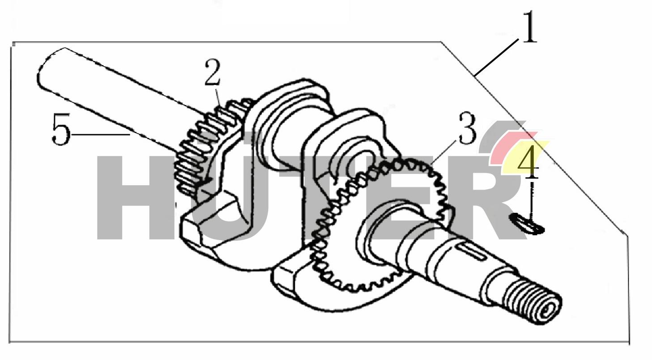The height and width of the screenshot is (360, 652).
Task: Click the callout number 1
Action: pos(529,28)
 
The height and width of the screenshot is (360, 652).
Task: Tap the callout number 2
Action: pos(213,73)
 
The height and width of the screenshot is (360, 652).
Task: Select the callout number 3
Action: pos(467,130)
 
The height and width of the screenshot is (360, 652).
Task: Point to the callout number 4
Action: pos(528,162)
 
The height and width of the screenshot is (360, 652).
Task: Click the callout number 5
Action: pos(61,130)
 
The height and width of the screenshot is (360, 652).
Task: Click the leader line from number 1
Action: pos(497,56)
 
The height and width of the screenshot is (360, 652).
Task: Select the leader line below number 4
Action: pos(532,197)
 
